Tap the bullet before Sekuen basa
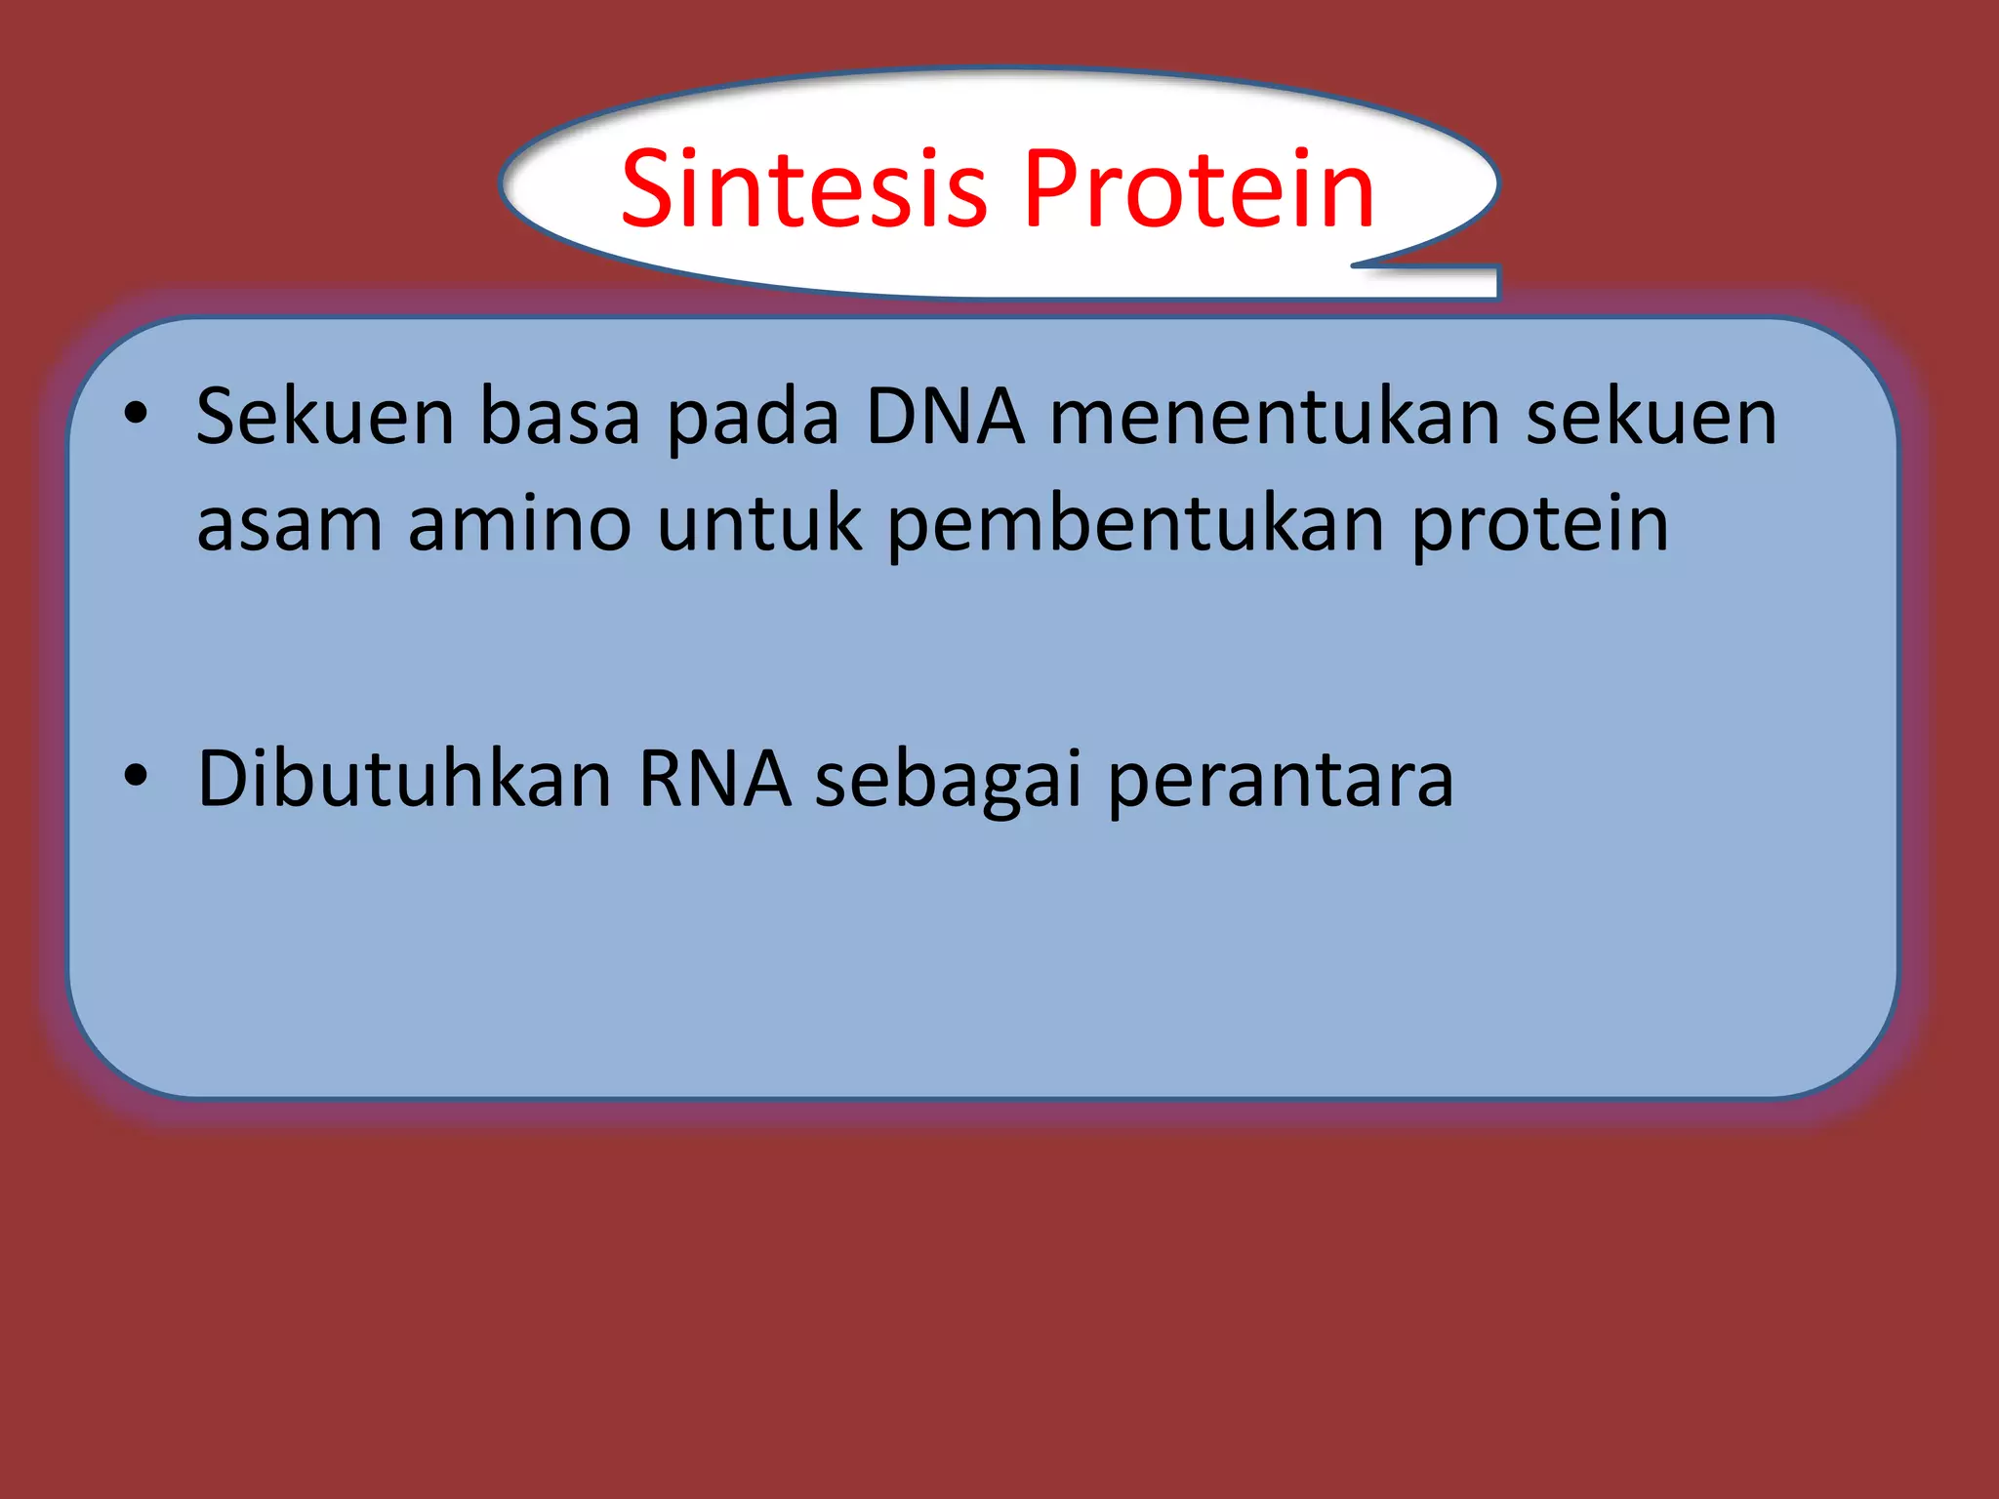point(136,413)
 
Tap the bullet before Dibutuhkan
point(136,776)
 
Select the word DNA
point(945,417)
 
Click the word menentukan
point(1275,417)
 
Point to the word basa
point(559,417)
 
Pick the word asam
point(289,525)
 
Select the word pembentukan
point(1135,525)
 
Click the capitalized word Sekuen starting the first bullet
point(325,417)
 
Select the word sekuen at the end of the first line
point(1652,417)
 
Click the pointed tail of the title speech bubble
point(1464,280)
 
